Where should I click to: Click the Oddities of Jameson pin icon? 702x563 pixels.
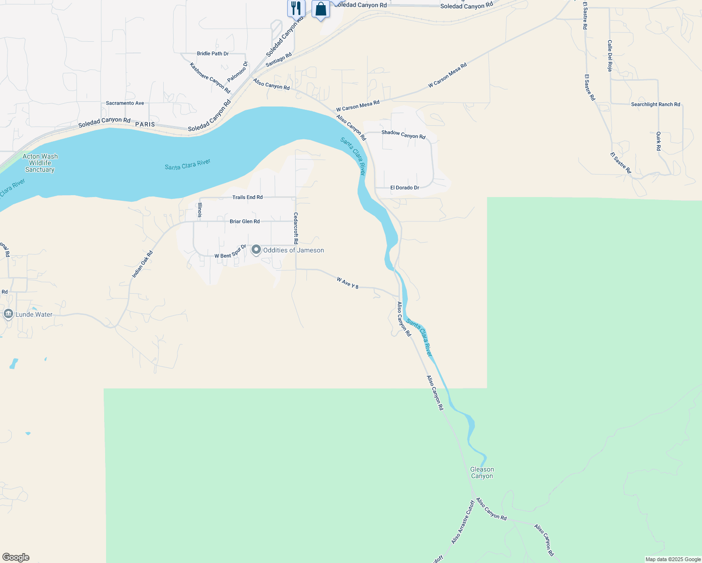tap(256, 250)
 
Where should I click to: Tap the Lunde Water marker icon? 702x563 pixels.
tap(8, 314)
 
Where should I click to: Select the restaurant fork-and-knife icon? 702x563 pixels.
tap(296, 8)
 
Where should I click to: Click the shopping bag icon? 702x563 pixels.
tap(320, 9)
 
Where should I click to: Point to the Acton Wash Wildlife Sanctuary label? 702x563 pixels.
tap(40, 163)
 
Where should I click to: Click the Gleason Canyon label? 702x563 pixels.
tap(482, 472)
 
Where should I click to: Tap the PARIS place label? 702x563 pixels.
tap(145, 124)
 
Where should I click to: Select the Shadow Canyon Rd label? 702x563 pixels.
tap(404, 135)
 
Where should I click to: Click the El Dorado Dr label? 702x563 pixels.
tap(404, 188)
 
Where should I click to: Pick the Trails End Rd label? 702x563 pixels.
tap(247, 197)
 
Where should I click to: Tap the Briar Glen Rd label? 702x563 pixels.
tap(244, 221)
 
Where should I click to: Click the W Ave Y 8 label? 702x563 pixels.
tap(348, 282)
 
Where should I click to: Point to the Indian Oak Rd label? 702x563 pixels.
tap(142, 264)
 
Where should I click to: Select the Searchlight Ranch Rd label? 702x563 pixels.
tap(655, 105)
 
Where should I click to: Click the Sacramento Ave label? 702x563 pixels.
tap(125, 103)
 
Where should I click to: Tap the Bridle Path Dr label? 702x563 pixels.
tap(213, 53)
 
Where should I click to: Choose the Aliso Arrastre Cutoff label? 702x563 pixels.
tap(463, 522)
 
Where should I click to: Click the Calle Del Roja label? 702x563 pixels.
tap(610, 55)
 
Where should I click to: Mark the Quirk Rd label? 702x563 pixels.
tap(658, 141)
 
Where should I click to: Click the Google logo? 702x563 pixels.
tap(16, 557)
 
